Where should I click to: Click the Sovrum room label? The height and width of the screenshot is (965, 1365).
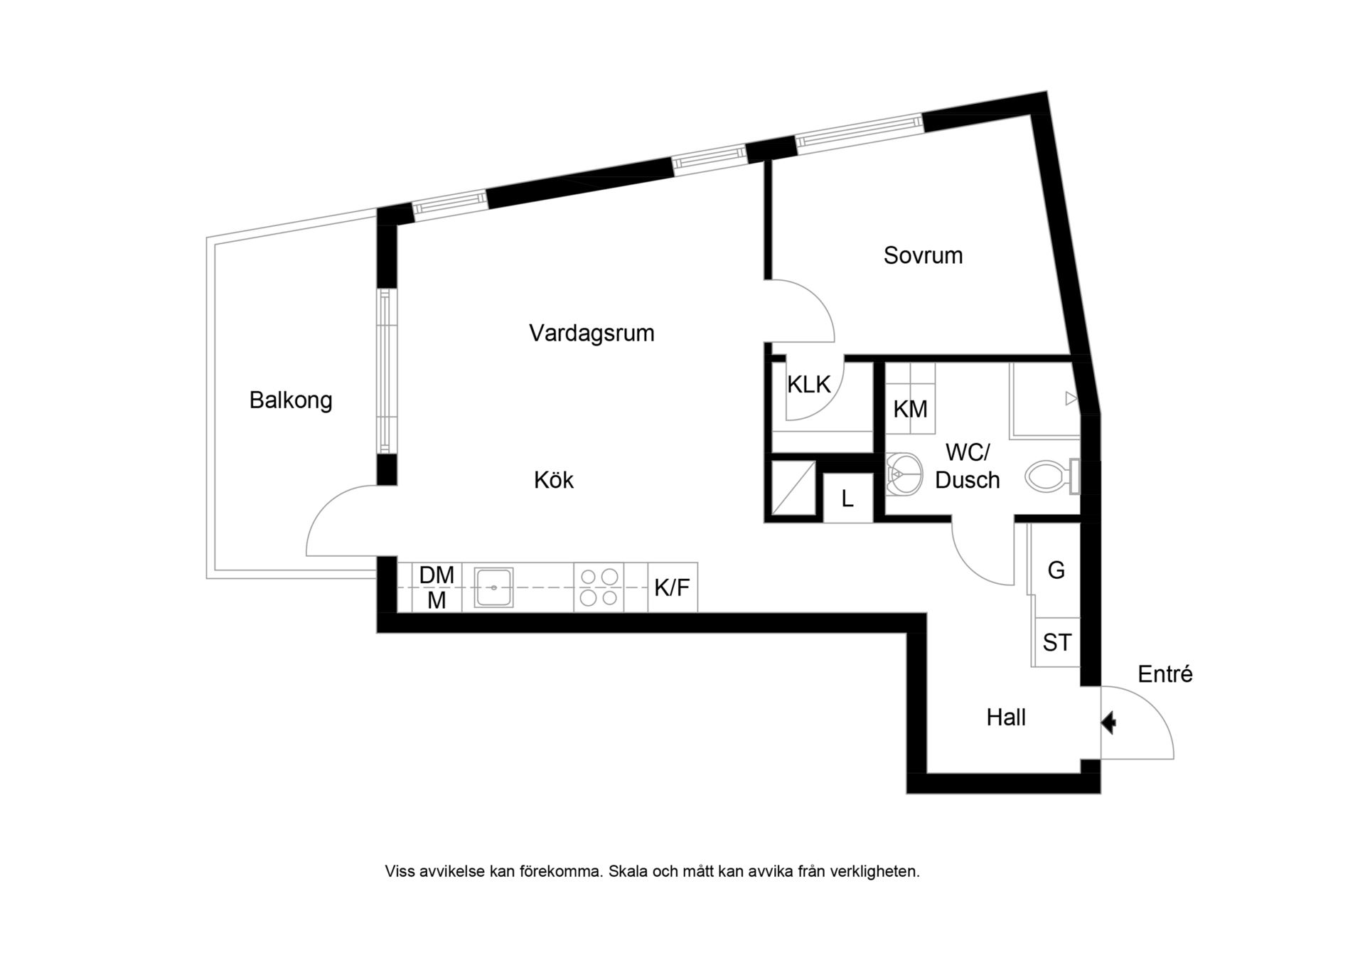pos(923,255)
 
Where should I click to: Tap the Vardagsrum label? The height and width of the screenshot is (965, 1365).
pos(591,333)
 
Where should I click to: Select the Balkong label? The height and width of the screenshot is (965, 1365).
pos(291,400)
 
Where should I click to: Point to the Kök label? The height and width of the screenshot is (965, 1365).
pos(554,480)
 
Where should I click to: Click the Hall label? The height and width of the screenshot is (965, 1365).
pos(1006,718)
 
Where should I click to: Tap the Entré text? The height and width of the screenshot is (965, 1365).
pos(1165,674)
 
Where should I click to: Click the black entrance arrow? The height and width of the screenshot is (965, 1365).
pos(1108,723)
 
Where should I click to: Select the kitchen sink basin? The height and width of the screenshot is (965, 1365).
pos(493,587)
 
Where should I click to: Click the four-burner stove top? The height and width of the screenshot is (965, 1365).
pos(599,587)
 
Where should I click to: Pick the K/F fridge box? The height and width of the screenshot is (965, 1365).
pos(673,587)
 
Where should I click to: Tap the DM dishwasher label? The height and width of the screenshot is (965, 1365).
pos(437,575)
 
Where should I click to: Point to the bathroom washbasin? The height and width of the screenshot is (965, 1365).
pos(904,474)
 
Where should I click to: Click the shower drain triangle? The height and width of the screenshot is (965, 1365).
pos(1071,399)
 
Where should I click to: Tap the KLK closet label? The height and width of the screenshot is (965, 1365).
pos(809,385)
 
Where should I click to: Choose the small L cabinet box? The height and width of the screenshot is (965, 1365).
pos(847,498)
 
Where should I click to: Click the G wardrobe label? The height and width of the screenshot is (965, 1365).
pos(1056,570)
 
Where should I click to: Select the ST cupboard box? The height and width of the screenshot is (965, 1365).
pos(1056,642)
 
